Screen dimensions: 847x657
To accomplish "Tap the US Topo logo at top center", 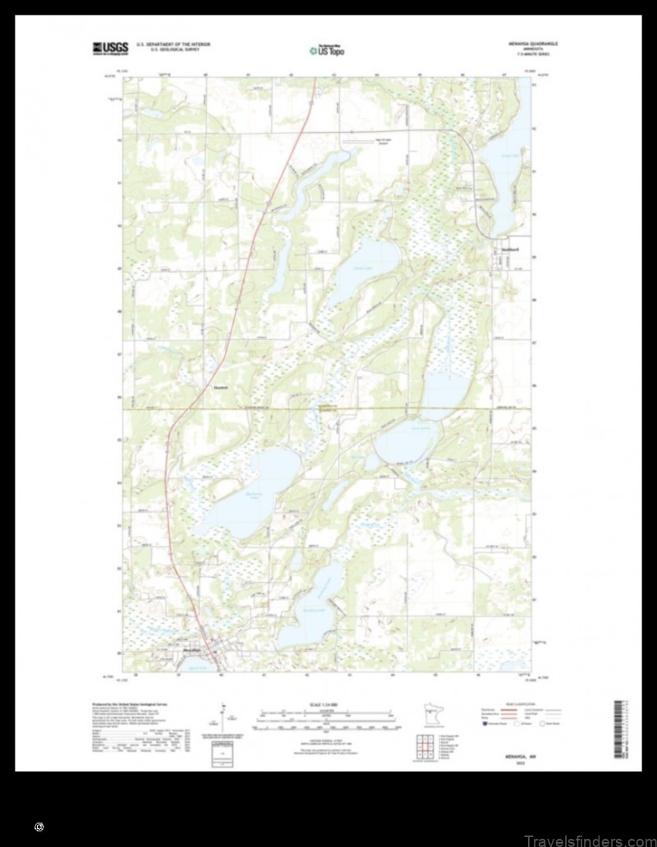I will pyautogui.click(x=327, y=50).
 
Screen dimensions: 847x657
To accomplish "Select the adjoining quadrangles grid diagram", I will pyautogui.click(x=425, y=748).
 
